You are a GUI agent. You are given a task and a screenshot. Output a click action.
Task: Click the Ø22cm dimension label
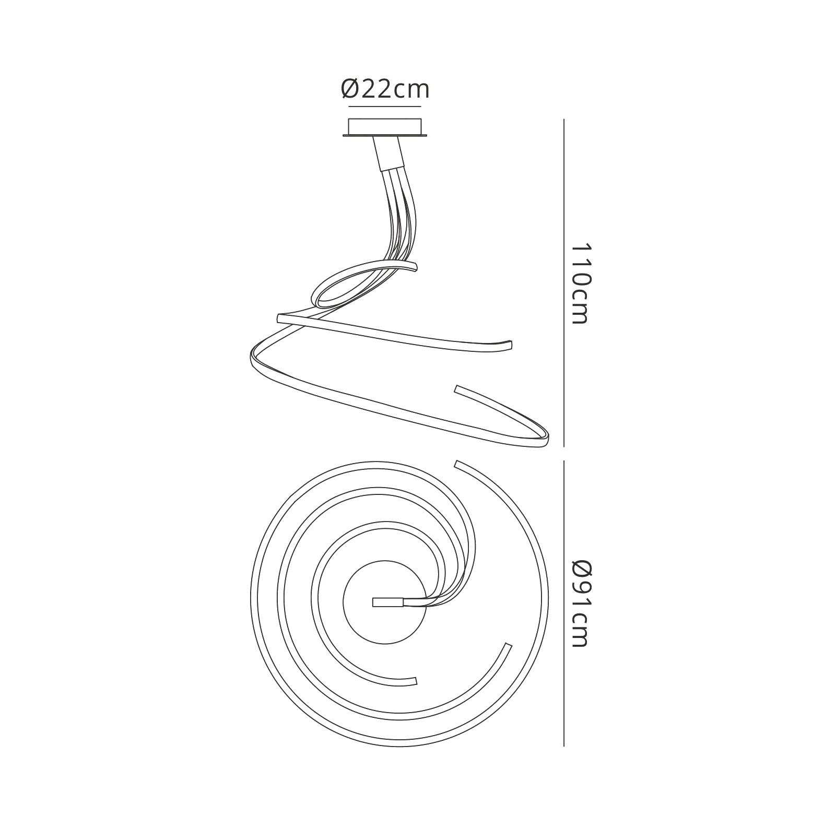tap(385, 89)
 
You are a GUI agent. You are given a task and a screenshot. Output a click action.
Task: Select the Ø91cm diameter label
tap(580, 603)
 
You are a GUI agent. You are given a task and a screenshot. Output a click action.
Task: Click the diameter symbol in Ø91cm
tap(580, 569)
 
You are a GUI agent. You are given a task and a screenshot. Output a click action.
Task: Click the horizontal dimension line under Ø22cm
tap(384, 107)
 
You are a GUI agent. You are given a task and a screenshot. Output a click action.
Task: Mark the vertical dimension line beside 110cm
tap(564, 283)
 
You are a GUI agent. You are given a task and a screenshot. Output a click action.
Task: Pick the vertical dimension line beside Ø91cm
tap(564, 603)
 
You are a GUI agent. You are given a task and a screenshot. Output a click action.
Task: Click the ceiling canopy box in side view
tap(385, 127)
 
